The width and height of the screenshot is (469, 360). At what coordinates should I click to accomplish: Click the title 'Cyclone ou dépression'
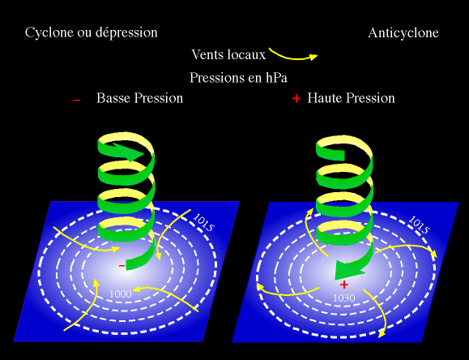(92, 32)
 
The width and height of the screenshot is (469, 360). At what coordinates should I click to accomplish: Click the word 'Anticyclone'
(403, 33)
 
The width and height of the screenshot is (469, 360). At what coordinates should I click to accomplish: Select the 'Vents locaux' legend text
(228, 54)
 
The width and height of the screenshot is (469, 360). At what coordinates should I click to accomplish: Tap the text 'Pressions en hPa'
(238, 78)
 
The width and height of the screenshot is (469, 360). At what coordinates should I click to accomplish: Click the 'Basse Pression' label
(139, 98)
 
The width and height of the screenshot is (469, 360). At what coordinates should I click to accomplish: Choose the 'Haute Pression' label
(352, 98)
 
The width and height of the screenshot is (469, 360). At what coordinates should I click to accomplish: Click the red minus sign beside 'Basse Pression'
(77, 100)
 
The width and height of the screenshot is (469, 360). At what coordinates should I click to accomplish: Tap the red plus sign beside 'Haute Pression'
(296, 99)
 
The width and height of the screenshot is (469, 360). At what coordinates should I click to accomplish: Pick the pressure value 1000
(120, 294)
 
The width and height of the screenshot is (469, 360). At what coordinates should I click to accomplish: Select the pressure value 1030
(344, 298)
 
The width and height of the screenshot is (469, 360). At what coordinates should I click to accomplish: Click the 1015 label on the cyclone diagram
(203, 222)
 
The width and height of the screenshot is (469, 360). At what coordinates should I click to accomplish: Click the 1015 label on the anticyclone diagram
(419, 225)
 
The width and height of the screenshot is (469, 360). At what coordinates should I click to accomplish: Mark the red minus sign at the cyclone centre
(122, 266)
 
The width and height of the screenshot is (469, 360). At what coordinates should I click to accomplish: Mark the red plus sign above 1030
(344, 285)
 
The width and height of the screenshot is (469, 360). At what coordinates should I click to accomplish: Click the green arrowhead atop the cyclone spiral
(131, 152)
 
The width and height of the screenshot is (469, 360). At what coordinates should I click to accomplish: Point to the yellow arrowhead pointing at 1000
(136, 289)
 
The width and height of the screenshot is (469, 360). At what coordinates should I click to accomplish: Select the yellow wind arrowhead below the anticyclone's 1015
(433, 253)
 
